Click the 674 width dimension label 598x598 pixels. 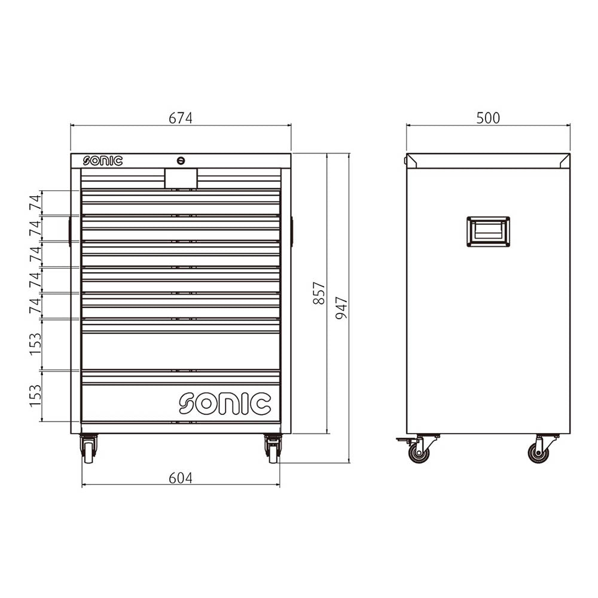point(180,118)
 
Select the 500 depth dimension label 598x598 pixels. point(488,118)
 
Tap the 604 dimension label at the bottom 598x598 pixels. point(180,478)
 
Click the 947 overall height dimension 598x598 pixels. point(341,308)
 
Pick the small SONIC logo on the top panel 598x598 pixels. point(103,161)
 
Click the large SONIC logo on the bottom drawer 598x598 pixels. point(225,404)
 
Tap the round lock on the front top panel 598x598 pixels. point(181,160)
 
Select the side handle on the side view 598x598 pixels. point(488,231)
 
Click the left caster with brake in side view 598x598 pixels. point(418,451)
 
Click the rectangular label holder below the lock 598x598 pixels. point(181,178)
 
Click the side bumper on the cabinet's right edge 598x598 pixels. point(292,231)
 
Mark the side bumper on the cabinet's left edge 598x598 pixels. point(69,231)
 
